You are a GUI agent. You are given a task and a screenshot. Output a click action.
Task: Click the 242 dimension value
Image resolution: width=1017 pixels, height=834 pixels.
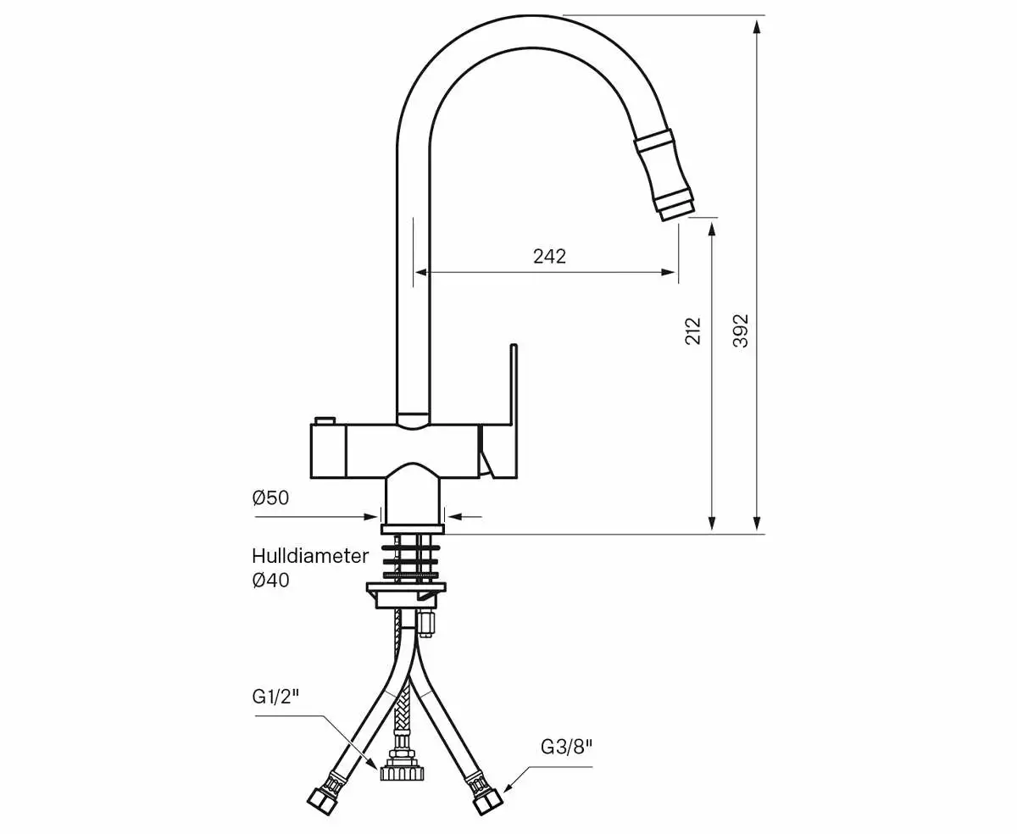(549, 256)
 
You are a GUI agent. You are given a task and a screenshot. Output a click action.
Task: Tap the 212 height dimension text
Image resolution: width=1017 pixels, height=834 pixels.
(693, 331)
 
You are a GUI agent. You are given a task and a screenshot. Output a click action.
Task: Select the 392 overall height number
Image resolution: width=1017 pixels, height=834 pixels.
(740, 331)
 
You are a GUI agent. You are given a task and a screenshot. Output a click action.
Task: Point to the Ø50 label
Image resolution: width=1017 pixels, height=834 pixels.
(270, 498)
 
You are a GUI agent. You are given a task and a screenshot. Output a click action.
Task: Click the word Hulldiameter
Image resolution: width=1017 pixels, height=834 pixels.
(310, 556)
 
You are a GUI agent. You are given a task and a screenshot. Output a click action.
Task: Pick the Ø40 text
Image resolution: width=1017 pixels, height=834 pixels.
(270, 581)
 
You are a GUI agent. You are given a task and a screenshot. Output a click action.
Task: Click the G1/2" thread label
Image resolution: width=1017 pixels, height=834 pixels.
(276, 697)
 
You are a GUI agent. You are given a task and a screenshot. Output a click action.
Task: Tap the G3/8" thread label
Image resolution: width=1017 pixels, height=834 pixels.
(566, 747)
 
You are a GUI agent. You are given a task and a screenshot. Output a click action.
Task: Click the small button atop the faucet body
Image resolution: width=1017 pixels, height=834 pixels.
(325, 421)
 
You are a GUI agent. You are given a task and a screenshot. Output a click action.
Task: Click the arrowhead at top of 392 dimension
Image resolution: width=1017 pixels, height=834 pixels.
(757, 24)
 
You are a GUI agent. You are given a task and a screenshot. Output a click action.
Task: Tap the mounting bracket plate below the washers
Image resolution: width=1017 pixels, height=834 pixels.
(407, 591)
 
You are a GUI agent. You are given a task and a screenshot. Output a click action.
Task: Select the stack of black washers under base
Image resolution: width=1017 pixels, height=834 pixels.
(411, 559)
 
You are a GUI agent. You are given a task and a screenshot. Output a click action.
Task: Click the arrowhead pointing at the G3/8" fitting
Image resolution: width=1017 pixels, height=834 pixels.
(508, 787)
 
